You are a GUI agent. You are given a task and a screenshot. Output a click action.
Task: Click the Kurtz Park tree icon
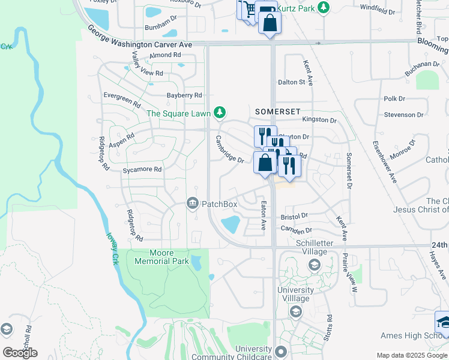pyautogui.click(x=324, y=7)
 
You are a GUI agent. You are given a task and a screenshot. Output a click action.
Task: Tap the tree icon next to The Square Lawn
pyautogui.click(x=220, y=112)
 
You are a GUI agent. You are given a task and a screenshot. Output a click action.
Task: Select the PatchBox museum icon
pyautogui.click(x=193, y=204)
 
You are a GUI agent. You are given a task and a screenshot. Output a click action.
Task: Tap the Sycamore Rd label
pyautogui.click(x=142, y=170)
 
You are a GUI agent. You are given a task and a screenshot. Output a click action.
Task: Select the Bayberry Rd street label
pyautogui.click(x=184, y=95)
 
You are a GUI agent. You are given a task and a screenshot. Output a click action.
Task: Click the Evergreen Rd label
pyautogui.click(x=121, y=96)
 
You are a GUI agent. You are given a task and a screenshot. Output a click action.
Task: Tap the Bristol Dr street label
pyautogui.click(x=294, y=215)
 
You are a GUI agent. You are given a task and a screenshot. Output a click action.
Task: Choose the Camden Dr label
pyautogui.click(x=296, y=230)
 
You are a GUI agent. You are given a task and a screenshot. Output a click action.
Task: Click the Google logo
pyautogui.click(x=20, y=353)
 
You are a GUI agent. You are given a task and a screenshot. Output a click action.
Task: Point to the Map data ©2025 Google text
pyautogui.click(x=412, y=355)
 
